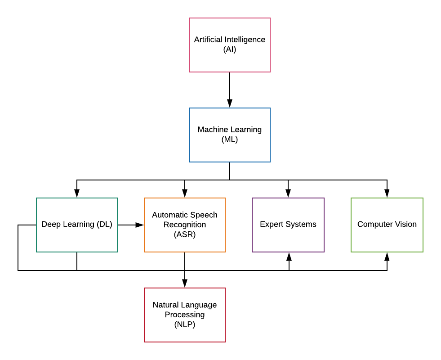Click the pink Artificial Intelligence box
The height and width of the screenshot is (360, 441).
229,45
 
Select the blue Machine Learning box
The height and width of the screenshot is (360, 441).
229,135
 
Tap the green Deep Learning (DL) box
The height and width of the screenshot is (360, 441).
77,225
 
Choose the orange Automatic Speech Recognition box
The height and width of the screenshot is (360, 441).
184,225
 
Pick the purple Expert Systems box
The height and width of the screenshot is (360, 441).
288,225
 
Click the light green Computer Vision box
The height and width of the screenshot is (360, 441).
387,225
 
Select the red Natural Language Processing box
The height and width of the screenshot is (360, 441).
184,315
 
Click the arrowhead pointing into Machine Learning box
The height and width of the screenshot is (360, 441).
230,103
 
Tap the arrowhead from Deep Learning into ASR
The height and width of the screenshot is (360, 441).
139,225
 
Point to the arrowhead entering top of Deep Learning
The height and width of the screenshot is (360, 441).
77,193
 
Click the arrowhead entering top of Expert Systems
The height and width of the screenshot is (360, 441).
288,193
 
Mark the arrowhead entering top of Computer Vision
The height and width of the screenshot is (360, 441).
387,193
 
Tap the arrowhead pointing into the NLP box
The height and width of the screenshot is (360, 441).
185,283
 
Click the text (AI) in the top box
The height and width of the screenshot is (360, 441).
229,49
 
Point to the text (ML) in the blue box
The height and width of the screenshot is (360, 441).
229,139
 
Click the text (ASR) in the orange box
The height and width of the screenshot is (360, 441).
184,234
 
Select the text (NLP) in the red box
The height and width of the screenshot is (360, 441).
184,324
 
